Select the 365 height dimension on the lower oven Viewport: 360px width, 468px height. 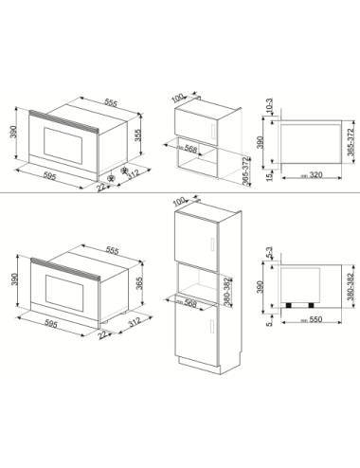[139, 283]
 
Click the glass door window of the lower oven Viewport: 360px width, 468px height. [58, 287]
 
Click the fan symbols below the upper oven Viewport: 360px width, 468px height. [117, 176]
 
